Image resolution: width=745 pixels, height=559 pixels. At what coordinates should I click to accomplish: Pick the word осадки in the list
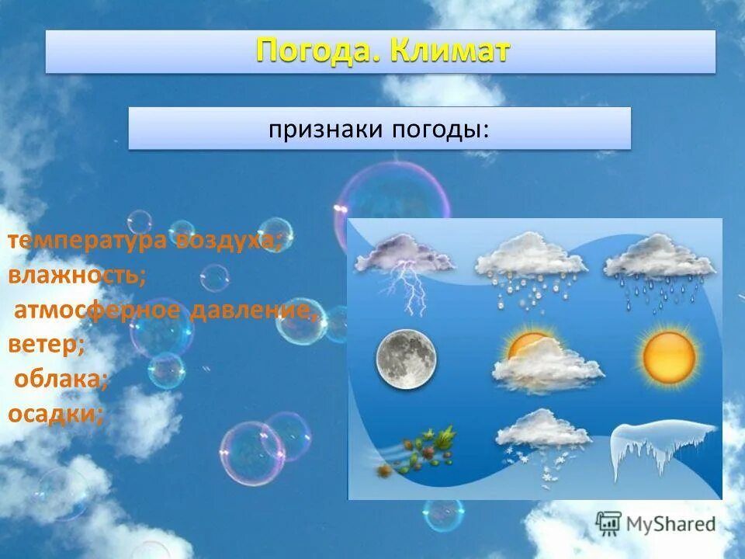click(x=55, y=413)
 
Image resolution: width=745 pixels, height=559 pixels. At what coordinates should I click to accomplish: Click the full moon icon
click(x=406, y=358)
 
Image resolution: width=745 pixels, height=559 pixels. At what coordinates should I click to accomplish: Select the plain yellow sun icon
click(x=669, y=356)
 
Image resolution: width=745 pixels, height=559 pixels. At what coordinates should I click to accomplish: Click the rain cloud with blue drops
click(x=660, y=268)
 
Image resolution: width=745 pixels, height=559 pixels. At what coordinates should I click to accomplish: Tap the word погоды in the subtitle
click(x=438, y=129)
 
